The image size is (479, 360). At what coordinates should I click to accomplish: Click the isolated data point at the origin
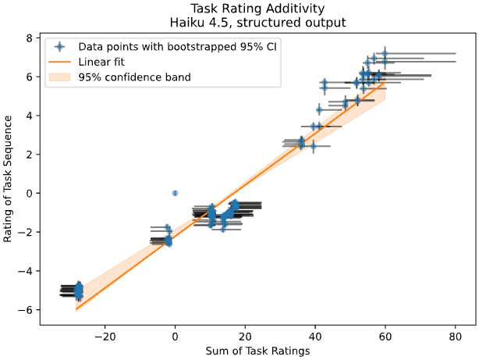pyautogui.click(x=175, y=193)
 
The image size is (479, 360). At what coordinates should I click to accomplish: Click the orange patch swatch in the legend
pyautogui.click(x=59, y=77)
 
